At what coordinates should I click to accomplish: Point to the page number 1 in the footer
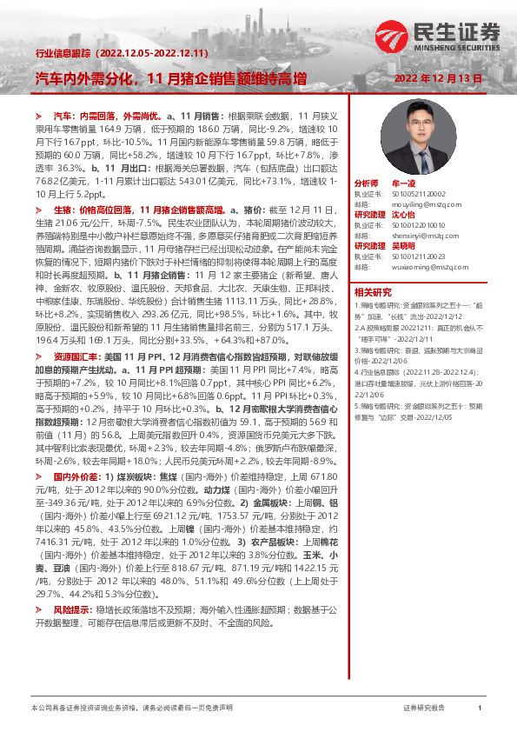(480, 709)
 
